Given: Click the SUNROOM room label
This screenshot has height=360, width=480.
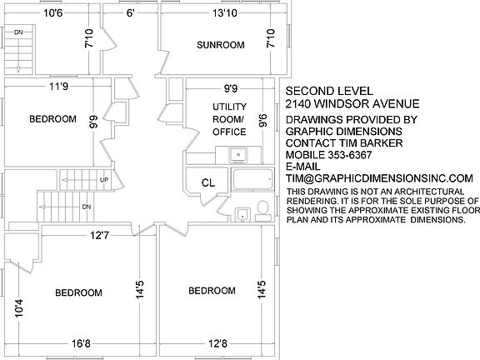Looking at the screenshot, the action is coord(221,45).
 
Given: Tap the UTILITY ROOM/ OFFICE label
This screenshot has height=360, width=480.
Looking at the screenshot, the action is coord(230,119).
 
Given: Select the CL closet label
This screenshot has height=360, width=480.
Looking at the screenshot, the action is coord(208,183).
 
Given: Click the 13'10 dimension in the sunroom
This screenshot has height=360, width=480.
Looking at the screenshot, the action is coord(225,13).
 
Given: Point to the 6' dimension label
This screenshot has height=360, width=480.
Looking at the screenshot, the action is coord(130,13).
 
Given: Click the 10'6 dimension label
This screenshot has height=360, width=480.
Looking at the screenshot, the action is coord(53,13).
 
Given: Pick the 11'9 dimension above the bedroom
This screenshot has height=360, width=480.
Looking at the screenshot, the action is coord(59,87).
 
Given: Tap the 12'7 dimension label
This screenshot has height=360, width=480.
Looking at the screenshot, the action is coord(99,235).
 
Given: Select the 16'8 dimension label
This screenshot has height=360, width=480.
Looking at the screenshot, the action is coord(81,343).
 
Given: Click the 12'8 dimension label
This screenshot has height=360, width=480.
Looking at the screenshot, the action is coord(218,343).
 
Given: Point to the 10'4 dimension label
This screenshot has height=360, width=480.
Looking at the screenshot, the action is coord(18,308).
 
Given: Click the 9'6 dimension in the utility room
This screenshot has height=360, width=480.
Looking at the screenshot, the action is coord(262,120).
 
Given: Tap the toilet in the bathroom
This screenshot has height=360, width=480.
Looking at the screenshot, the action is coord(263,211).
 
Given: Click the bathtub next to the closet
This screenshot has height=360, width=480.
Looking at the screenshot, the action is coord(252,180).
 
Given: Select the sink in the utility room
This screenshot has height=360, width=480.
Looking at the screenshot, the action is coord(238,155).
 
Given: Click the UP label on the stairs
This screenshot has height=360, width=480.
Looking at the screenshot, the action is coord(104,180).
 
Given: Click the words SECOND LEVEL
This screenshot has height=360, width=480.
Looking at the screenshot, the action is coord(329,91).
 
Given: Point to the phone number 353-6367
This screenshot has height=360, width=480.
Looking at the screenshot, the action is coord(350,155).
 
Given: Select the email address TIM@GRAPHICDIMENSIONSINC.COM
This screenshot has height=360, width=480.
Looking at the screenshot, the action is coord(380,178).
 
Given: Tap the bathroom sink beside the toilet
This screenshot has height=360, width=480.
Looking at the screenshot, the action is coord(242,214).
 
